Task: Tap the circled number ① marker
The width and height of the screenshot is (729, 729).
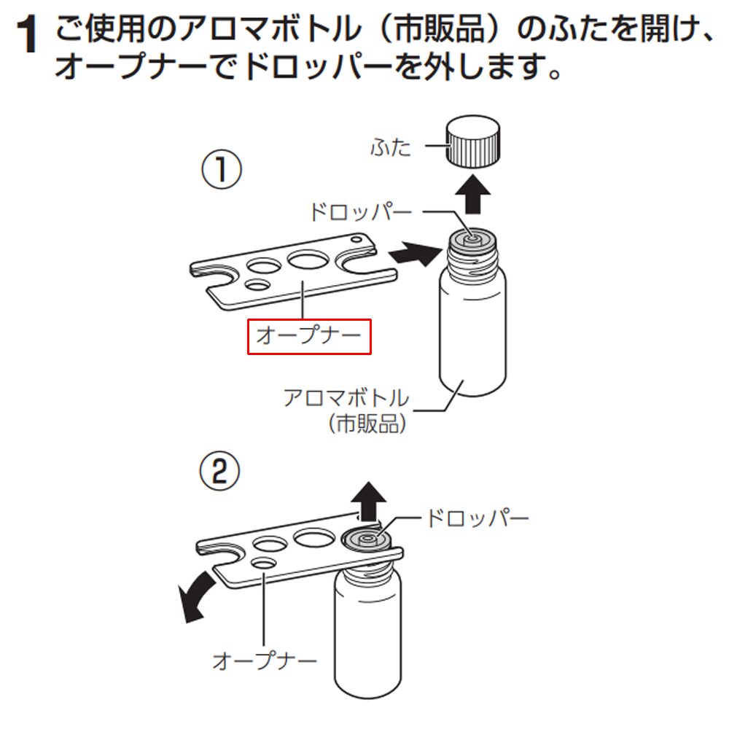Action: (x=222, y=169)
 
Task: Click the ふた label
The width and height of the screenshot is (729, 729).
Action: (x=391, y=147)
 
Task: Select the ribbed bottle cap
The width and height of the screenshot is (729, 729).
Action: (x=473, y=141)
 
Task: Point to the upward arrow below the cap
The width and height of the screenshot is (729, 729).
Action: (x=473, y=195)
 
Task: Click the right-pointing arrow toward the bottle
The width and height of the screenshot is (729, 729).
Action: (x=415, y=254)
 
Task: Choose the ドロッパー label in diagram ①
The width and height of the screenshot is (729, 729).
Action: (x=361, y=212)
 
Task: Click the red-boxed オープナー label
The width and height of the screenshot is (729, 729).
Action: (x=308, y=336)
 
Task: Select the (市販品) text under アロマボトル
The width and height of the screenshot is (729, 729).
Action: (x=367, y=424)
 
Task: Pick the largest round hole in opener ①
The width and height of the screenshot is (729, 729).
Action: (x=308, y=259)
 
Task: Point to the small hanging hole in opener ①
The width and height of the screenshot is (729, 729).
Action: (x=356, y=239)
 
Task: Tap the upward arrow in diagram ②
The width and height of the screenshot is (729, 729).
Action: (x=368, y=502)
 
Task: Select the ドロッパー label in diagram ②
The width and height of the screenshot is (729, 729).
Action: (x=477, y=518)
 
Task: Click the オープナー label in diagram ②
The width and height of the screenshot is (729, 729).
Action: (x=265, y=660)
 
